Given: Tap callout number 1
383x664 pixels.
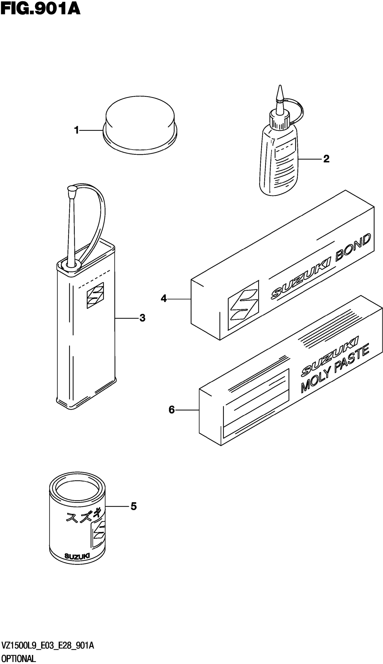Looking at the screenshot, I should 77,130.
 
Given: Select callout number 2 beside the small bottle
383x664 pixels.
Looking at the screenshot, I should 326,159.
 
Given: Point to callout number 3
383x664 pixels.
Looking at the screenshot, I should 142,318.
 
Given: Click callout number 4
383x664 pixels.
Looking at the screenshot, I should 164,299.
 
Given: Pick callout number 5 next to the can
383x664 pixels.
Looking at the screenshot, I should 134,506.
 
